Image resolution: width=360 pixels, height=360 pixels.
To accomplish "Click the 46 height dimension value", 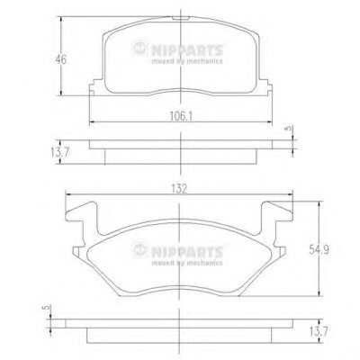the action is pyautogui.click(x=60, y=59).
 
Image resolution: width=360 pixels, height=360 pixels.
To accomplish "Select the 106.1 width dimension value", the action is pyautogui.click(x=181, y=116).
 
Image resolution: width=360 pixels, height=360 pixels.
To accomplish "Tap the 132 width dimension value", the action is pyautogui.click(x=179, y=189).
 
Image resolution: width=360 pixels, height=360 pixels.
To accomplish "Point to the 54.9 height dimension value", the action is pyautogui.click(x=319, y=249).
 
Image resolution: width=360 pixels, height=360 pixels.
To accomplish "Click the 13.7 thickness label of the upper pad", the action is pyautogui.click(x=60, y=152).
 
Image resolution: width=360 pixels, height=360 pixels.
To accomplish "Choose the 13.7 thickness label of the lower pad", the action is pyautogui.click(x=319, y=332).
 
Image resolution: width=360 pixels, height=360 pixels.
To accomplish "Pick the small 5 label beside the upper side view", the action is pyautogui.click(x=288, y=129).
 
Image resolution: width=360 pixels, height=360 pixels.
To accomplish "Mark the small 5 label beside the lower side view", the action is pyautogui.click(x=46, y=308).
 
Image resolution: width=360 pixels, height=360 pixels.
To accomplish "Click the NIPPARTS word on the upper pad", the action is pyautogui.click(x=187, y=50).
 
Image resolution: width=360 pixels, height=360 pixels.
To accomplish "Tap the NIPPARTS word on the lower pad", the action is pyautogui.click(x=187, y=252).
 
